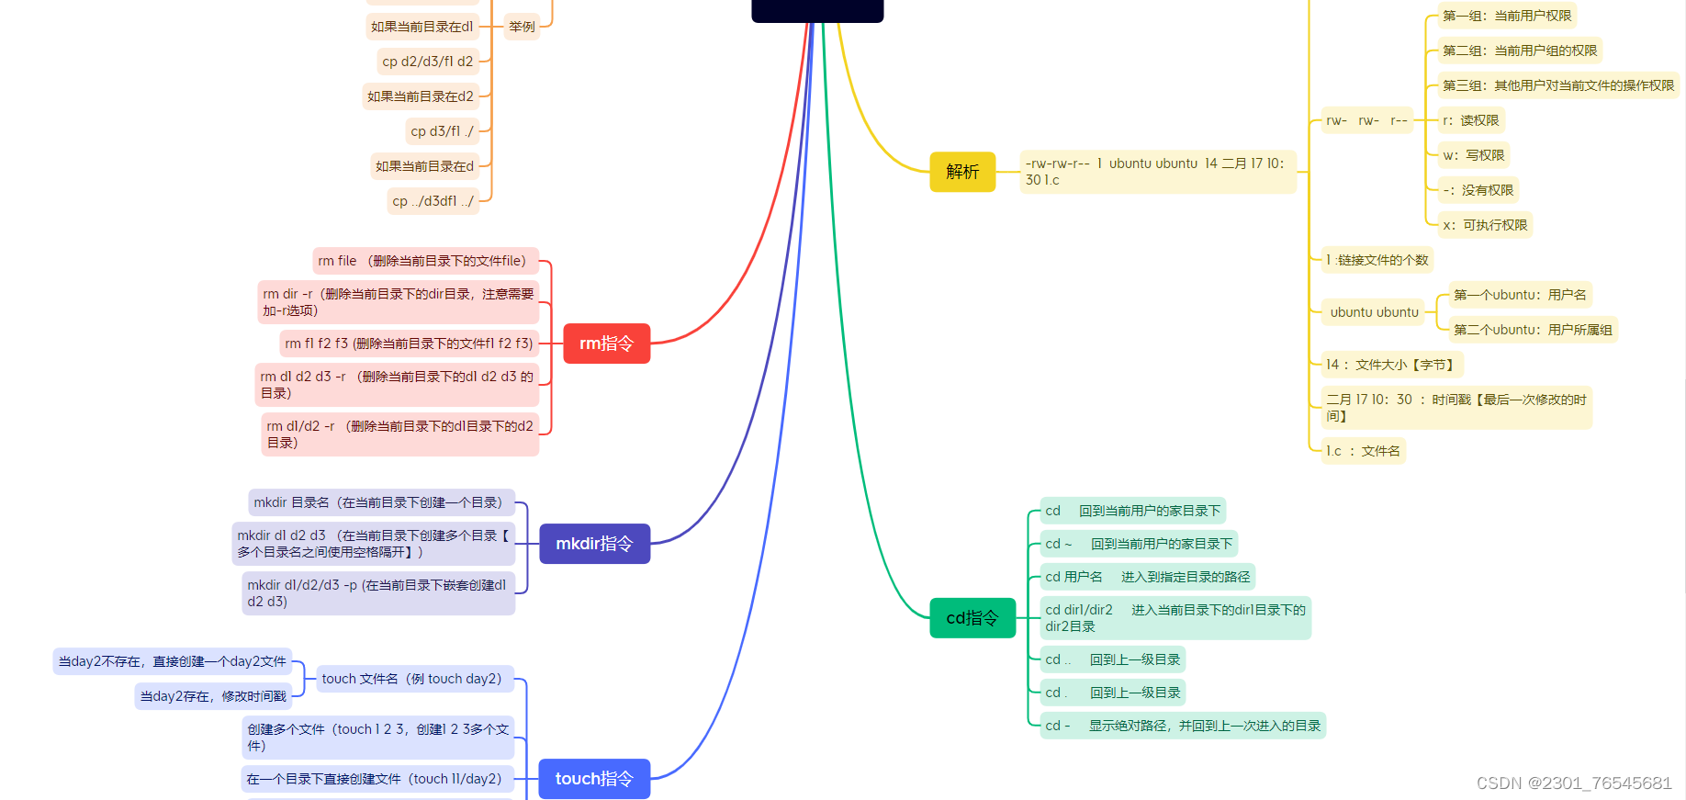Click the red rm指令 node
pos(606,344)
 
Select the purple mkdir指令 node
pos(594,544)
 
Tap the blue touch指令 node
pos(594,779)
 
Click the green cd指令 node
pos(972,618)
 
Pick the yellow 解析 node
pos(962,172)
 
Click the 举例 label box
pos(522,27)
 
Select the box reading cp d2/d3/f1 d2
pos(428,62)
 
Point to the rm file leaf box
pos(425,261)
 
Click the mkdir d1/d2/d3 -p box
pos(377,593)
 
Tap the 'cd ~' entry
pos(1139,544)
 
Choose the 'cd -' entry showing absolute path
pos(1183,726)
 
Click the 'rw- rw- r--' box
pos(1366,120)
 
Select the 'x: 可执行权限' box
pos(1485,225)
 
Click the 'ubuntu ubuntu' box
pos(1374,312)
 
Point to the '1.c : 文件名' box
pos(1363,451)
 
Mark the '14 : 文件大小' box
pos(1390,365)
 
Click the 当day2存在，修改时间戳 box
pos(213,696)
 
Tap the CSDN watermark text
pos(1574,783)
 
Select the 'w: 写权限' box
pos(1473,155)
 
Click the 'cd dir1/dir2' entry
pos(1175,618)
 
